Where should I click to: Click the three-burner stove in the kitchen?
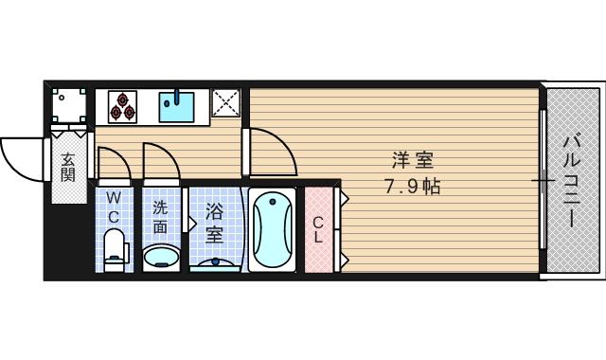[x=122, y=105]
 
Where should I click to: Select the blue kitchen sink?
[x=176, y=105]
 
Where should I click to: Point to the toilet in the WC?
[x=114, y=251]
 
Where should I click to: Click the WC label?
[x=114, y=206]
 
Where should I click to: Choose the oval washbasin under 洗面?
[x=161, y=256]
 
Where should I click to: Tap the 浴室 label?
[x=215, y=222]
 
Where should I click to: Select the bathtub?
[x=275, y=230]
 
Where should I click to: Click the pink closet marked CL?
[x=318, y=230]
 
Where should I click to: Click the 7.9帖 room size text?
[x=412, y=187]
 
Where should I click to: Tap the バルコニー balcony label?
[x=571, y=180]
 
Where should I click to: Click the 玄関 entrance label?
[x=68, y=168]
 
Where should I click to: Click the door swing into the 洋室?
[x=270, y=152]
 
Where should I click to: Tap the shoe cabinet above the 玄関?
[x=69, y=103]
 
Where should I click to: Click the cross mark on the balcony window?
[x=543, y=179]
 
